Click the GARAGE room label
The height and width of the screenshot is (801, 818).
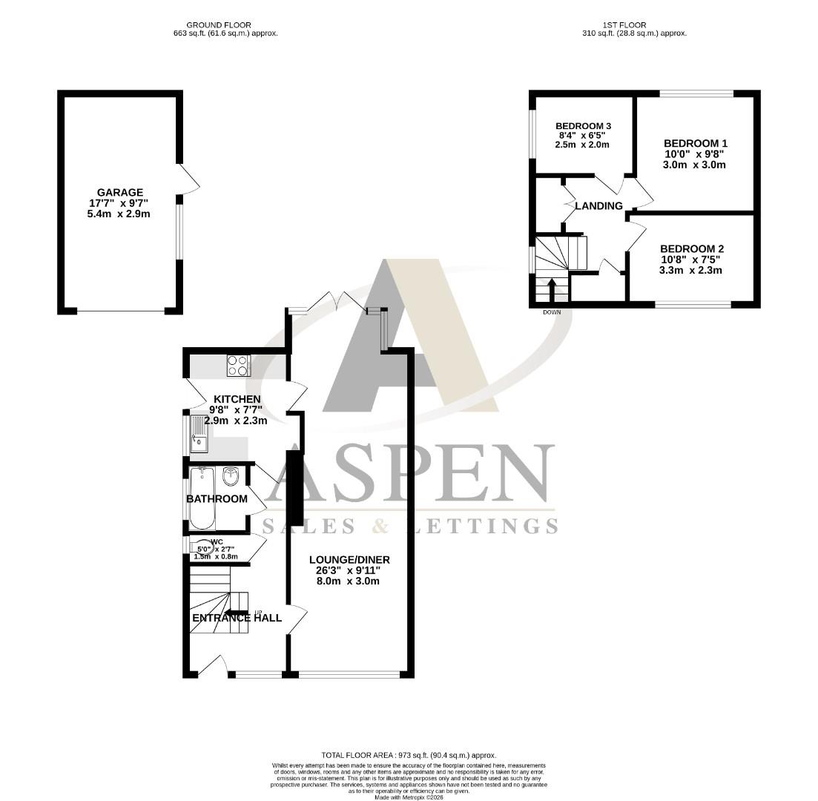point(119,192)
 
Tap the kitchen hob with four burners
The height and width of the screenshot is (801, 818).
point(238,366)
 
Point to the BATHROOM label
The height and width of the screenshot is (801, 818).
point(217,498)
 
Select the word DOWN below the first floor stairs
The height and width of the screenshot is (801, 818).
point(552,312)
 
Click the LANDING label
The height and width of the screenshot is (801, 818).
point(598,205)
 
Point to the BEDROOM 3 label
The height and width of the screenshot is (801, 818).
point(582,126)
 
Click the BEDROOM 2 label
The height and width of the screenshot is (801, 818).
point(691,248)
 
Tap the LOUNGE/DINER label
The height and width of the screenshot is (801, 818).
point(349,559)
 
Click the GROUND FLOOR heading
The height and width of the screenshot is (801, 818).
point(219,25)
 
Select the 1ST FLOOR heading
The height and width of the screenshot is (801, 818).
point(633,25)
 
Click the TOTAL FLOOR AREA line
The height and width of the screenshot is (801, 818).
point(409,755)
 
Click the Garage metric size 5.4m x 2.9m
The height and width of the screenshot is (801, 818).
point(119,214)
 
